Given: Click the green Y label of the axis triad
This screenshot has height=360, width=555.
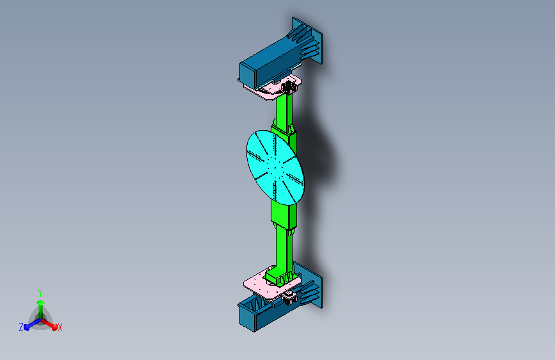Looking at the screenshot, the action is tap(40, 293).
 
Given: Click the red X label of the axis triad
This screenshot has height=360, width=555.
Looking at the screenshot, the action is tap(60, 327).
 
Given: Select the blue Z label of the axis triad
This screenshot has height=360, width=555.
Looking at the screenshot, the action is tap(21, 327).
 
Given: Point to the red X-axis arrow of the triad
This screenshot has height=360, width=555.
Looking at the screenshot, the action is tap(49, 324).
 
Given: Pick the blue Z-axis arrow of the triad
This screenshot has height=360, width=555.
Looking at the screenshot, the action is tap(33, 324).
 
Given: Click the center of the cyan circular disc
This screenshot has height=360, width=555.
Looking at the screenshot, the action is tap(275, 167).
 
